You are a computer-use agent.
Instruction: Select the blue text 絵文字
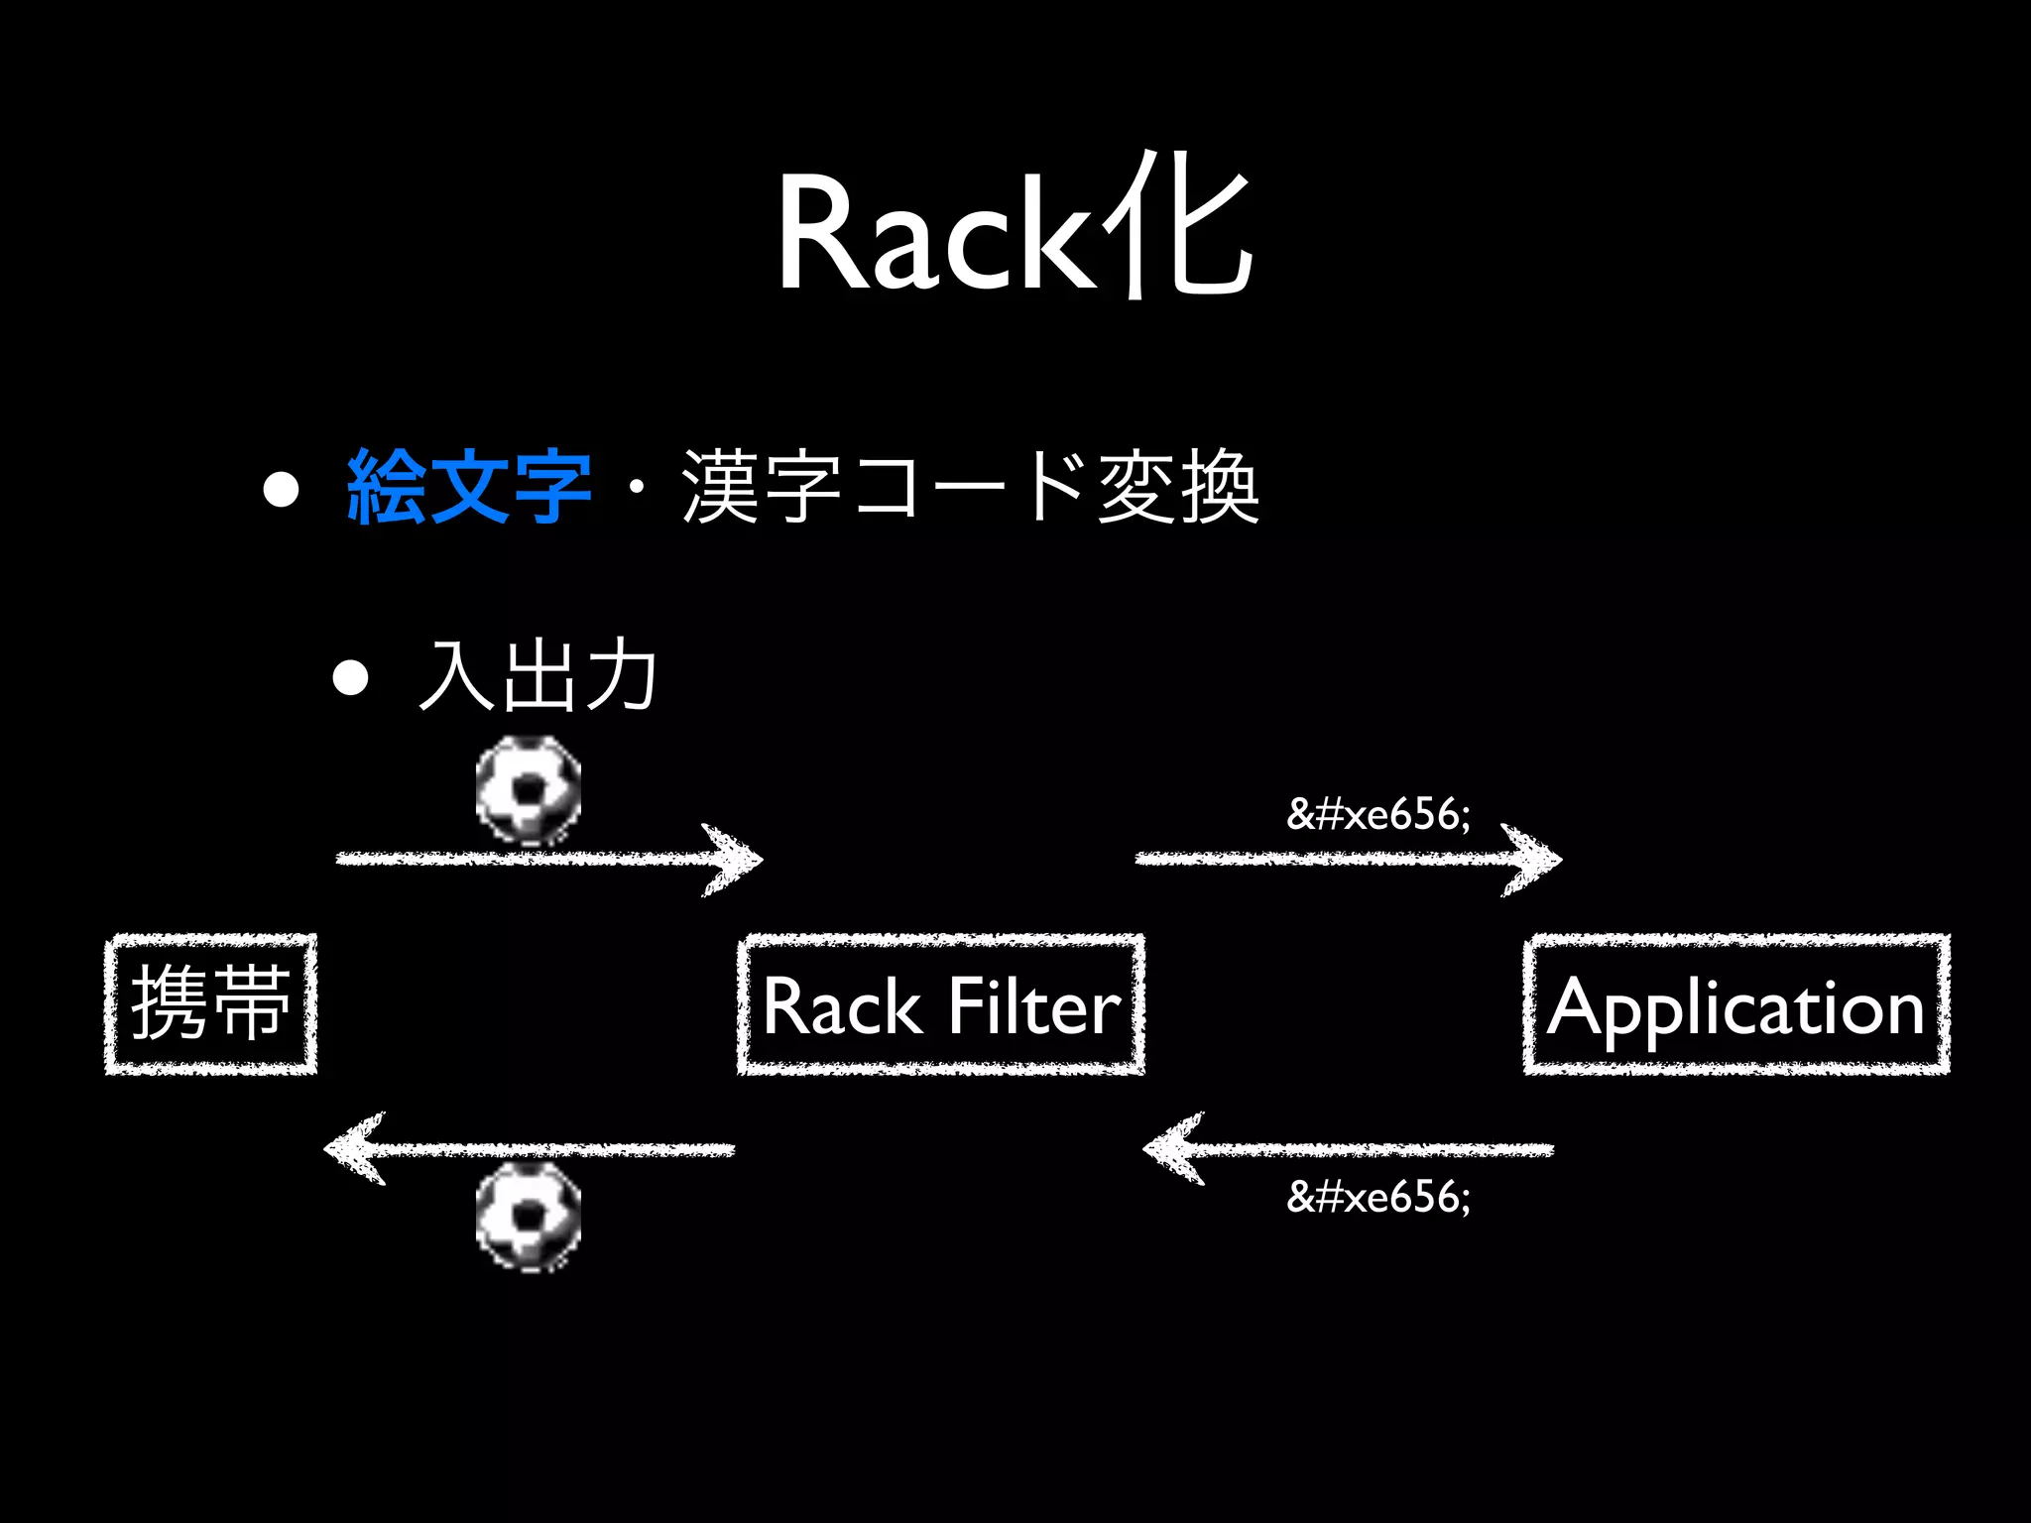pos(468,486)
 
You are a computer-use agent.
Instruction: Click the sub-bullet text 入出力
pos(538,676)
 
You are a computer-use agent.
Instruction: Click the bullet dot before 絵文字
pos(282,489)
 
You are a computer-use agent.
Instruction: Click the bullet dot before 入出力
pos(351,679)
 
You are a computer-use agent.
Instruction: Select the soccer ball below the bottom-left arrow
pos(529,1217)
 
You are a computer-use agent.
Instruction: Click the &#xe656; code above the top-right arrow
pos(1378,814)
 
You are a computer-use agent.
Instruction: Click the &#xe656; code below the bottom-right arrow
pos(1378,1197)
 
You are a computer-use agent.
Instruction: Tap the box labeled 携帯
pos(211,1003)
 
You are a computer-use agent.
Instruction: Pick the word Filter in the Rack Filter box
pos(1032,1006)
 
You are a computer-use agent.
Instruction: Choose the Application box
pos(1736,1004)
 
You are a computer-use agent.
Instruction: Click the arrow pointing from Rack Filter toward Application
pos(1348,859)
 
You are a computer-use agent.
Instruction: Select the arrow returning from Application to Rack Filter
pos(1349,1149)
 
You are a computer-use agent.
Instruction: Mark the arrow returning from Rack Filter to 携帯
pos(531,1149)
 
